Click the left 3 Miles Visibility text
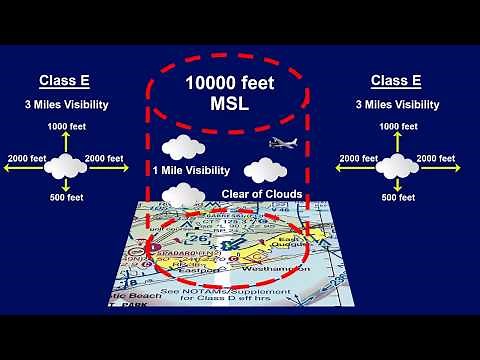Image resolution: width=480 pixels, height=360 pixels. click(x=67, y=104)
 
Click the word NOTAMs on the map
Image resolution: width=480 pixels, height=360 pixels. click(x=229, y=289)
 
